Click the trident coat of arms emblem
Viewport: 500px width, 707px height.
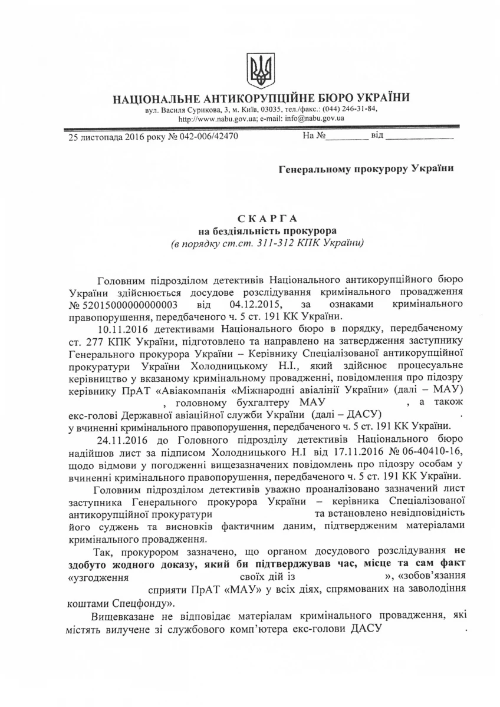coord(260,71)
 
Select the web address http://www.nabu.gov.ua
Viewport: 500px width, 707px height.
coord(217,118)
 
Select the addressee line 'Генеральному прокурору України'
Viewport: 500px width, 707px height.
coord(366,170)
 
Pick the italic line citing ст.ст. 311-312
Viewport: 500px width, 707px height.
coord(261,242)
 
